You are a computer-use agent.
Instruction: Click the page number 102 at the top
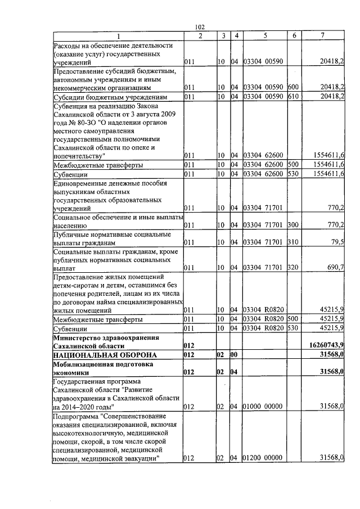click(x=199, y=27)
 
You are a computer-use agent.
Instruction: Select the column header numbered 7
click(x=323, y=36)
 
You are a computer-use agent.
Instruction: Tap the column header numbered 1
click(x=118, y=36)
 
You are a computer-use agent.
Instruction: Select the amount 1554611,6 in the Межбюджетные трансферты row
click(x=327, y=165)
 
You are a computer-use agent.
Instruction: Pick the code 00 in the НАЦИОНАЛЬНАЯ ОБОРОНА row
click(x=235, y=355)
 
